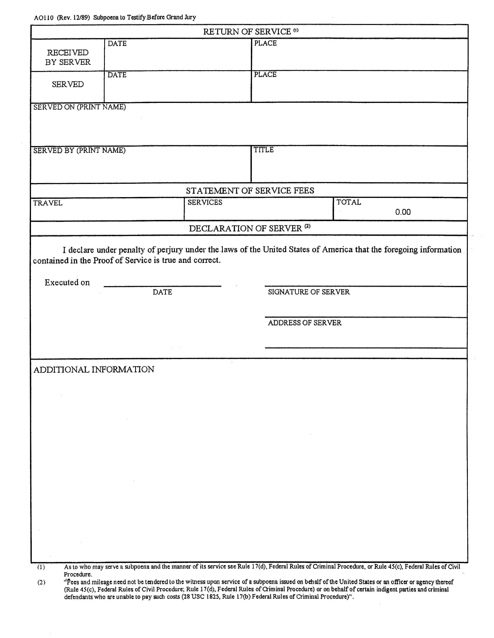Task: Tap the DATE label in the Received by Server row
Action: click(117, 44)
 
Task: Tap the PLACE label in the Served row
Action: click(265, 74)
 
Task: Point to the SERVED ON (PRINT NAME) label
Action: click(80, 107)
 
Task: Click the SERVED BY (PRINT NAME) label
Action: click(79, 151)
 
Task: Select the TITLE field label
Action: click(263, 150)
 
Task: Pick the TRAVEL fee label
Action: click(48, 203)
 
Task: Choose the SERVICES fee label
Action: click(205, 202)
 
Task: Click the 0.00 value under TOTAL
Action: click(403, 212)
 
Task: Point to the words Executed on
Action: click(67, 282)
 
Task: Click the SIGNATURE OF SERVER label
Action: click(309, 292)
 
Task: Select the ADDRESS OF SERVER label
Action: click(305, 323)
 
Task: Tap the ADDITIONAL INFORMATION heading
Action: click(94, 369)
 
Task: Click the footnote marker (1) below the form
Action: click(41, 567)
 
